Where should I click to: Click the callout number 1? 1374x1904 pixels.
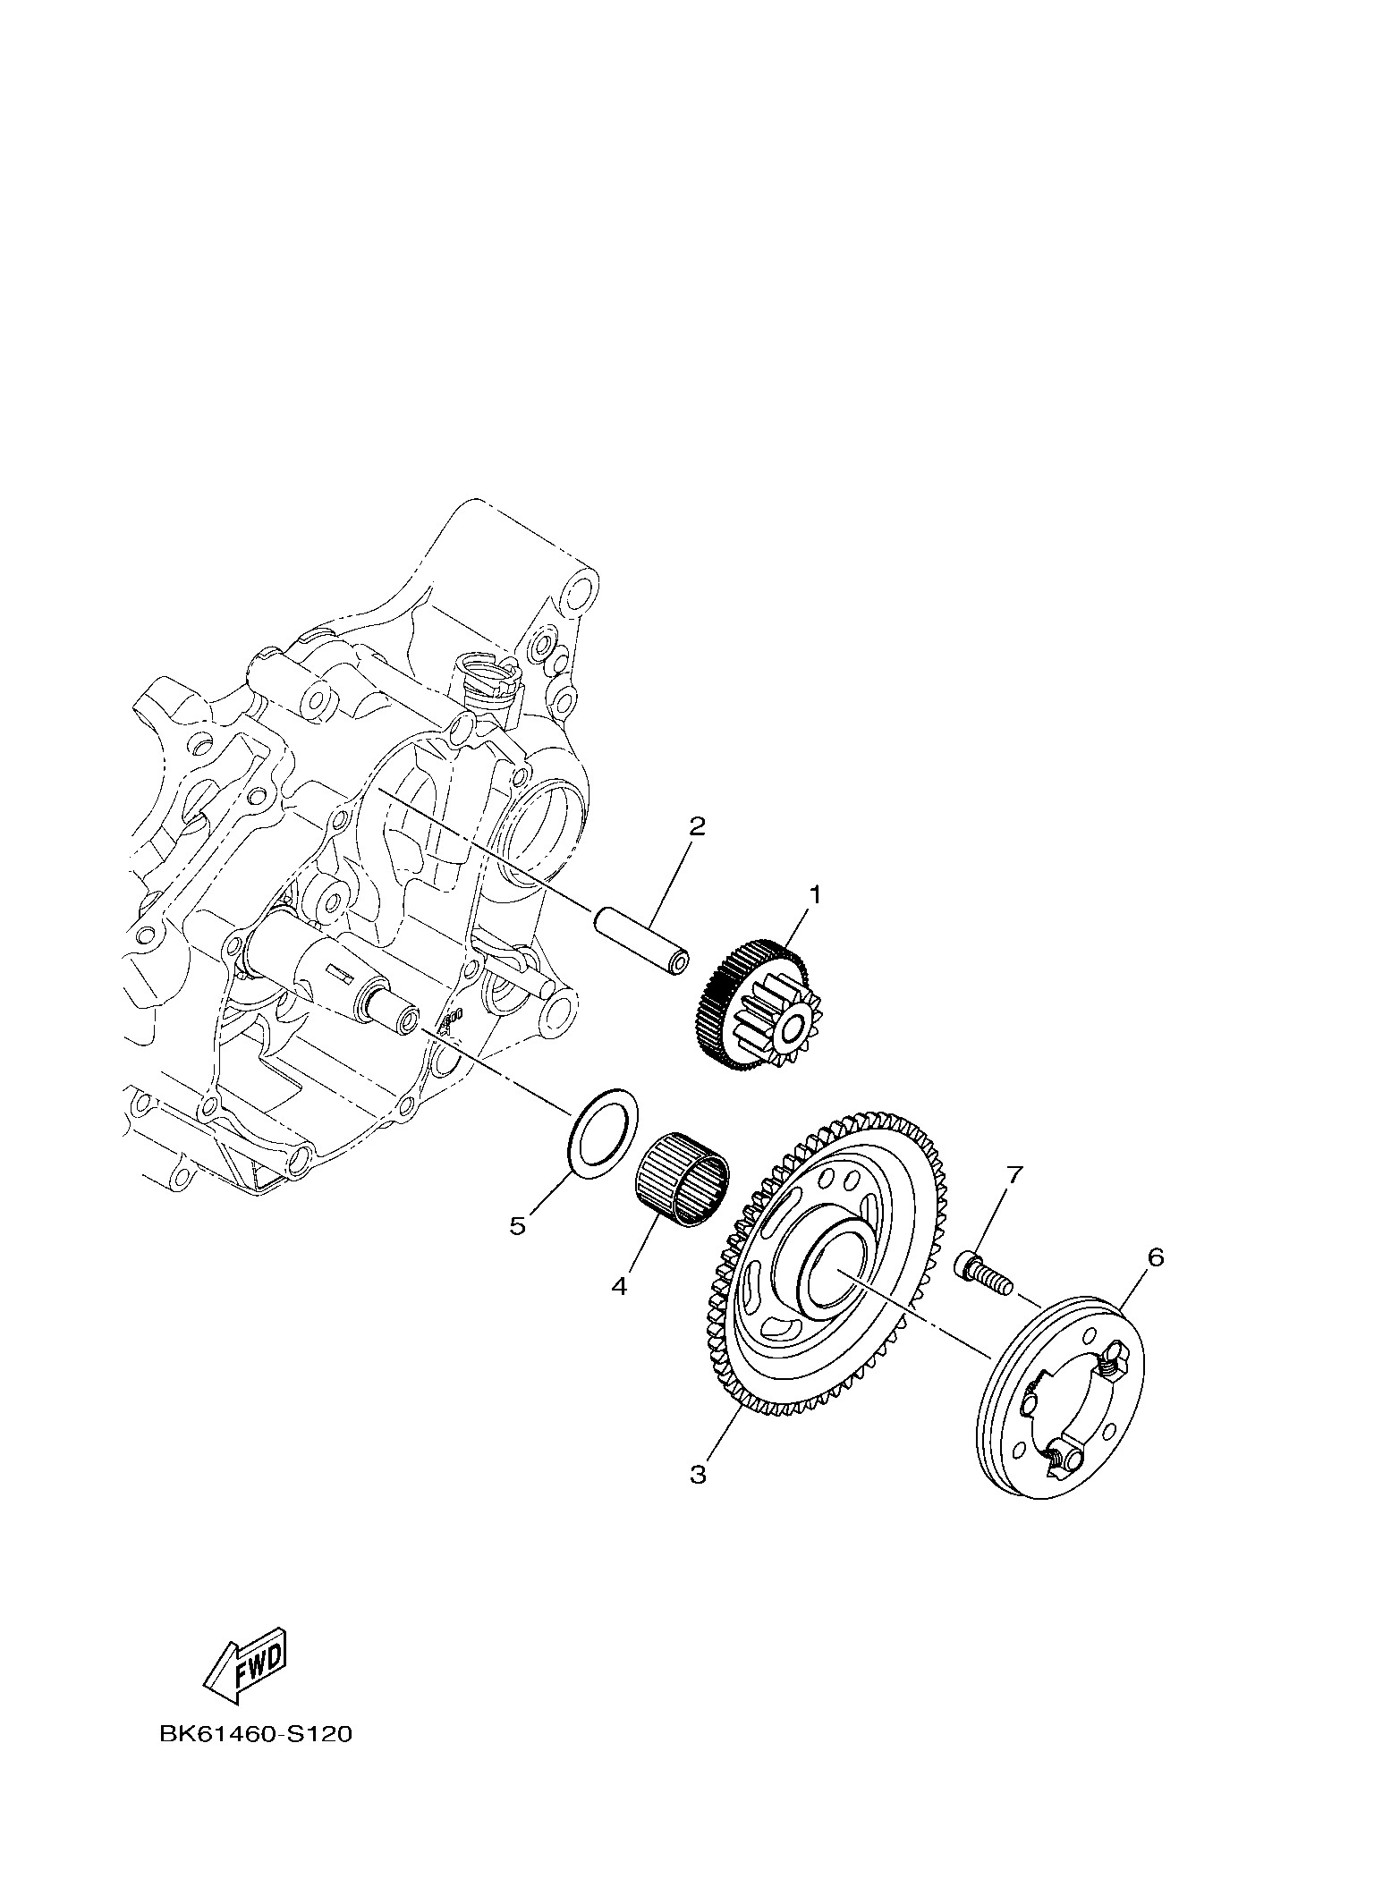[x=814, y=893]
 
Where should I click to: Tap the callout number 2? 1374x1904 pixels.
[x=697, y=825]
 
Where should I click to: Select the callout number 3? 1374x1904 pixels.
[x=698, y=1474]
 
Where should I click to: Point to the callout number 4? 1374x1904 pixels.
[x=619, y=1287]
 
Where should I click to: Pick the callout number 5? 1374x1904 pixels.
[x=518, y=1225]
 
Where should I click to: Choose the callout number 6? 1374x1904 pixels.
[x=1156, y=1257]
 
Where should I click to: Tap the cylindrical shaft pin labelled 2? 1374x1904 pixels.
[x=641, y=944]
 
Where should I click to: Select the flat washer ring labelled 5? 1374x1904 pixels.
[x=606, y=1133]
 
